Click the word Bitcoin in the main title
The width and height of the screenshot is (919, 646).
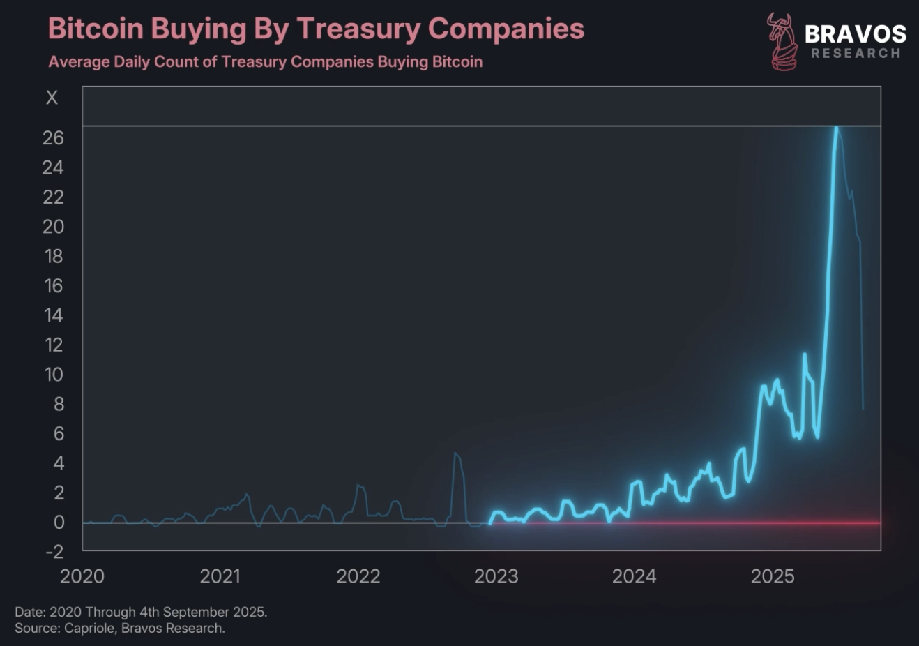pyautogui.click(x=96, y=29)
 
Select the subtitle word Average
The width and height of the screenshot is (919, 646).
pyautogui.click(x=79, y=62)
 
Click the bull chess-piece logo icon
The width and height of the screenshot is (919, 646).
pyautogui.click(x=782, y=42)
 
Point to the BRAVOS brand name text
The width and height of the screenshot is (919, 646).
pyautogui.click(x=856, y=33)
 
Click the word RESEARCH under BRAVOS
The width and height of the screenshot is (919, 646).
pyautogui.click(x=856, y=54)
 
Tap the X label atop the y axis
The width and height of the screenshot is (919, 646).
pyautogui.click(x=52, y=98)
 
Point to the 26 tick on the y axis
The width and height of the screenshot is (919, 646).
pyautogui.click(x=53, y=138)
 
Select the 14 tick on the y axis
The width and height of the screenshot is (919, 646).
pyautogui.click(x=53, y=315)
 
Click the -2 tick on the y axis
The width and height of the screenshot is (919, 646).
pyautogui.click(x=53, y=552)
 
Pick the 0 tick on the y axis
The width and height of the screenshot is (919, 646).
pyautogui.click(x=59, y=523)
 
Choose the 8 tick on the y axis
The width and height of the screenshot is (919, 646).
pyautogui.click(x=59, y=404)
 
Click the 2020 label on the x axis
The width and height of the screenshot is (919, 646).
pyautogui.click(x=82, y=576)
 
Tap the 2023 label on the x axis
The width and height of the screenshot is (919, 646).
pyautogui.click(x=496, y=576)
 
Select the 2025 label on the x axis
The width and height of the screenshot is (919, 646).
pyautogui.click(x=773, y=576)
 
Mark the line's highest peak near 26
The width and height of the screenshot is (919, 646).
pyautogui.click(x=837, y=128)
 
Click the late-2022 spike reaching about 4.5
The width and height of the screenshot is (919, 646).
pyautogui.click(x=455, y=454)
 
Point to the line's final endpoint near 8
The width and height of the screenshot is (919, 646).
pyautogui.click(x=863, y=408)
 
